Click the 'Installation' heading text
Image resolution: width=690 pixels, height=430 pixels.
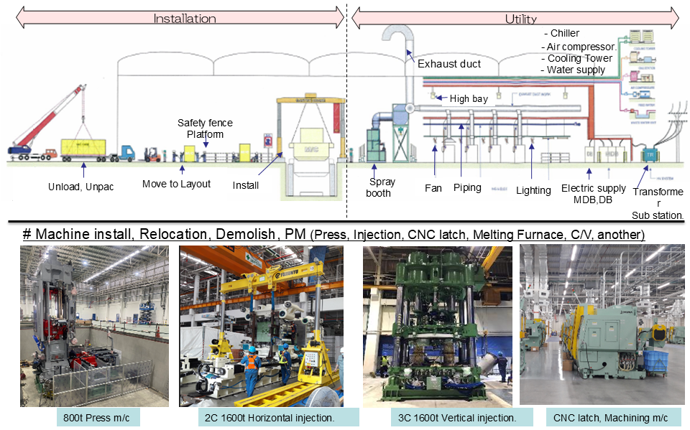tap(184, 19)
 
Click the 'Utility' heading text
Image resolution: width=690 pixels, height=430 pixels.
tap(520, 19)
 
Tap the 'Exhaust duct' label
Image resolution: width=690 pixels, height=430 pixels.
tap(449, 64)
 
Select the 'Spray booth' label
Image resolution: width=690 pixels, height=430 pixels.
tap(379, 187)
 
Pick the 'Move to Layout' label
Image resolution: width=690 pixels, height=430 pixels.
tap(176, 184)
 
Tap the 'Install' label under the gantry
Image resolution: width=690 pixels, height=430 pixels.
tap(245, 186)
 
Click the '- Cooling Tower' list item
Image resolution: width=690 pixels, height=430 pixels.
tap(579, 58)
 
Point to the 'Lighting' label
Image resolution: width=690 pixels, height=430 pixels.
tap(533, 190)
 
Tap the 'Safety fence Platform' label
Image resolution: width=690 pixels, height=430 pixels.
tap(205, 128)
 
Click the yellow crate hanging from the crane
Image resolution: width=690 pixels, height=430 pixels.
tap(83, 150)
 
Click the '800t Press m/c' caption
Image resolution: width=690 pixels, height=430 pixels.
tap(93, 417)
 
